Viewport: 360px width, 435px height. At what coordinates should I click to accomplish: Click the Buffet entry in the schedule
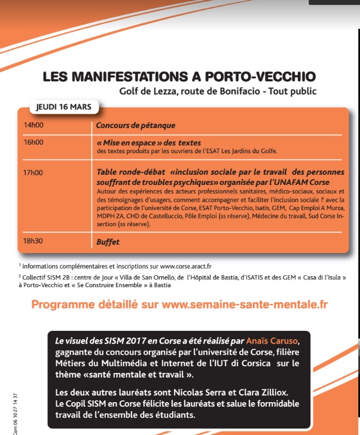(x=108, y=242)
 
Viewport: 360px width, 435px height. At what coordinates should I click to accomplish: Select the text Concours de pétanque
(x=136, y=125)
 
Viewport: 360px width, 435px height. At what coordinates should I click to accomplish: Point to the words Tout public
(x=291, y=92)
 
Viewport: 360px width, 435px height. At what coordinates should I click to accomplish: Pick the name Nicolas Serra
(x=185, y=393)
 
